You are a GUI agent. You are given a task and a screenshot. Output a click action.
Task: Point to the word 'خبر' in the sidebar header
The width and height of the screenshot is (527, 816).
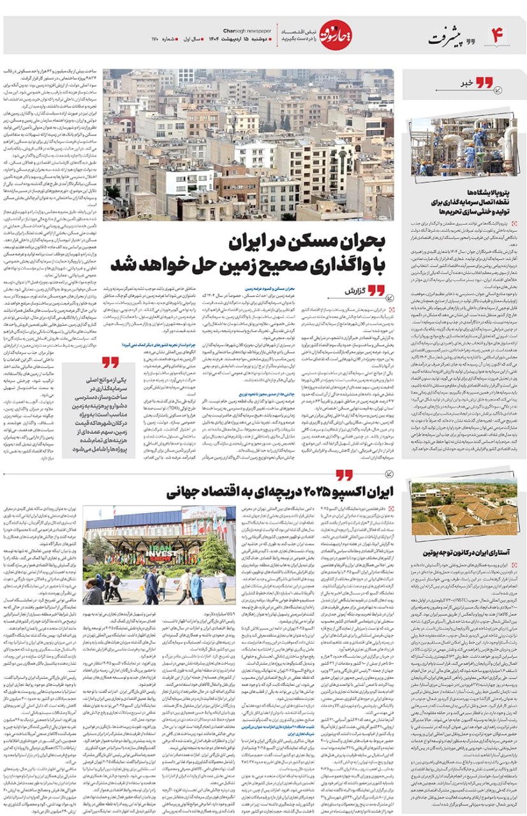click(468, 83)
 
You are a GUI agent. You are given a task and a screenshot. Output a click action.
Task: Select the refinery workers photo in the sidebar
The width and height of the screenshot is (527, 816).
click(464, 147)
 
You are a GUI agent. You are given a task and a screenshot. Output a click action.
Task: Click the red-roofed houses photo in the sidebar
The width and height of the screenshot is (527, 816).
click(464, 508)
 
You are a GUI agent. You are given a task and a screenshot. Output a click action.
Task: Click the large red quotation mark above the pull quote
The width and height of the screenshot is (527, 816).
click(110, 362)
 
